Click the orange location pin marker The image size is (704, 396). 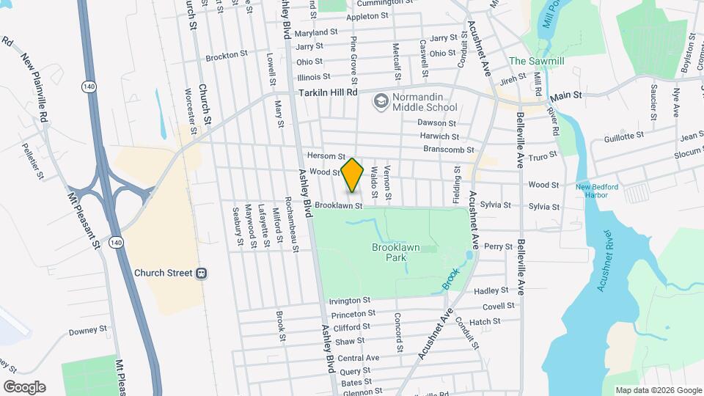353,175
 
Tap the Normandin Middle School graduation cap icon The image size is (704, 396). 380,100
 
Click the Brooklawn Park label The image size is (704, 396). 395,253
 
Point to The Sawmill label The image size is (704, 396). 536,61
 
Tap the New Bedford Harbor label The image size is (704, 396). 602,191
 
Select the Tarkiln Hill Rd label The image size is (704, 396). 327,93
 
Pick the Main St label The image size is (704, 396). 566,95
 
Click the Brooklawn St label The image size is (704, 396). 340,206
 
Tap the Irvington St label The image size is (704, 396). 349,301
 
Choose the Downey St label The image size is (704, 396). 88,331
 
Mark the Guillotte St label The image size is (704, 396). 623,136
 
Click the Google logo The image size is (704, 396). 24,387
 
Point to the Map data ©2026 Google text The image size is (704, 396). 658,390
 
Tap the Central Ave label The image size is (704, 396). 359,358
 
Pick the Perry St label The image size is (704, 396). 498,246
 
